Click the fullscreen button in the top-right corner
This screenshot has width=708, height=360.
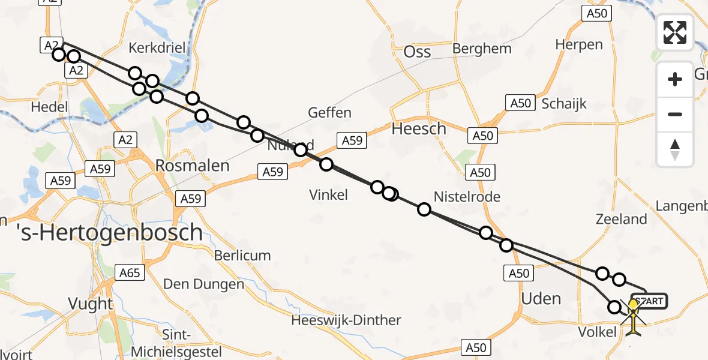pos(675,32)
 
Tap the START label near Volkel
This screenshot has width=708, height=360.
pos(649,301)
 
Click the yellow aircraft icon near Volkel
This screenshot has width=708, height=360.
pos(634,317)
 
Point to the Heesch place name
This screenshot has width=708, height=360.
pos(419,128)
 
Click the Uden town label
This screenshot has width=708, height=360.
pos(541,299)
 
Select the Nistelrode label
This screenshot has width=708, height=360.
pos(467,197)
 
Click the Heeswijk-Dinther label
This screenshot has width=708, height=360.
pos(346,320)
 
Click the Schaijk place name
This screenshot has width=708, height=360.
pos(564,103)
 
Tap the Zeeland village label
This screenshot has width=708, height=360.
pos(621,219)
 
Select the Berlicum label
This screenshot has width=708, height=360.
pos(242,256)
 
